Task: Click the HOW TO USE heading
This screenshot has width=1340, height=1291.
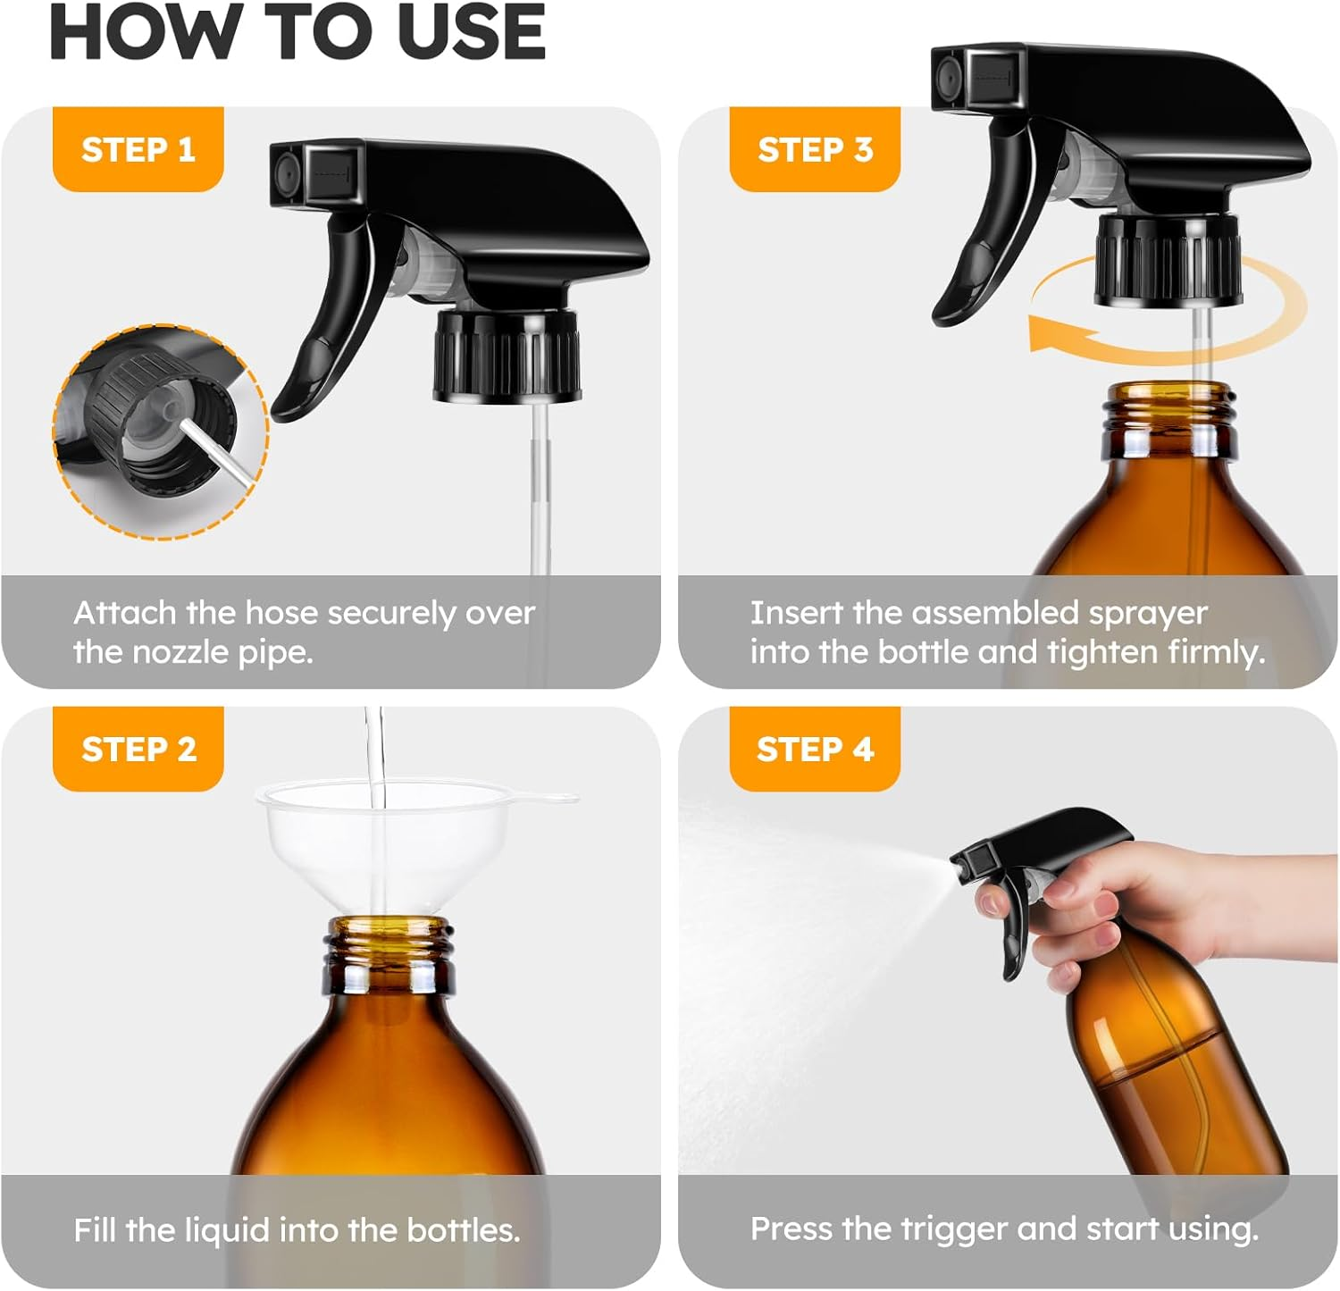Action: coord(297,32)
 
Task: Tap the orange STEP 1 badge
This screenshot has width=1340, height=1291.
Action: coord(138,149)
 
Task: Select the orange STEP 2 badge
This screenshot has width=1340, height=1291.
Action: coord(138,749)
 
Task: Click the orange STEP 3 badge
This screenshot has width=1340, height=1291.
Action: coord(815,149)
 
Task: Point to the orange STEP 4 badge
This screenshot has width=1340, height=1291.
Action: coord(815,749)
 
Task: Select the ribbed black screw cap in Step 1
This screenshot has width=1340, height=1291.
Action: coord(507,356)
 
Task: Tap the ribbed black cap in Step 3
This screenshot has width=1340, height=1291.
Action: coord(1168,259)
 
